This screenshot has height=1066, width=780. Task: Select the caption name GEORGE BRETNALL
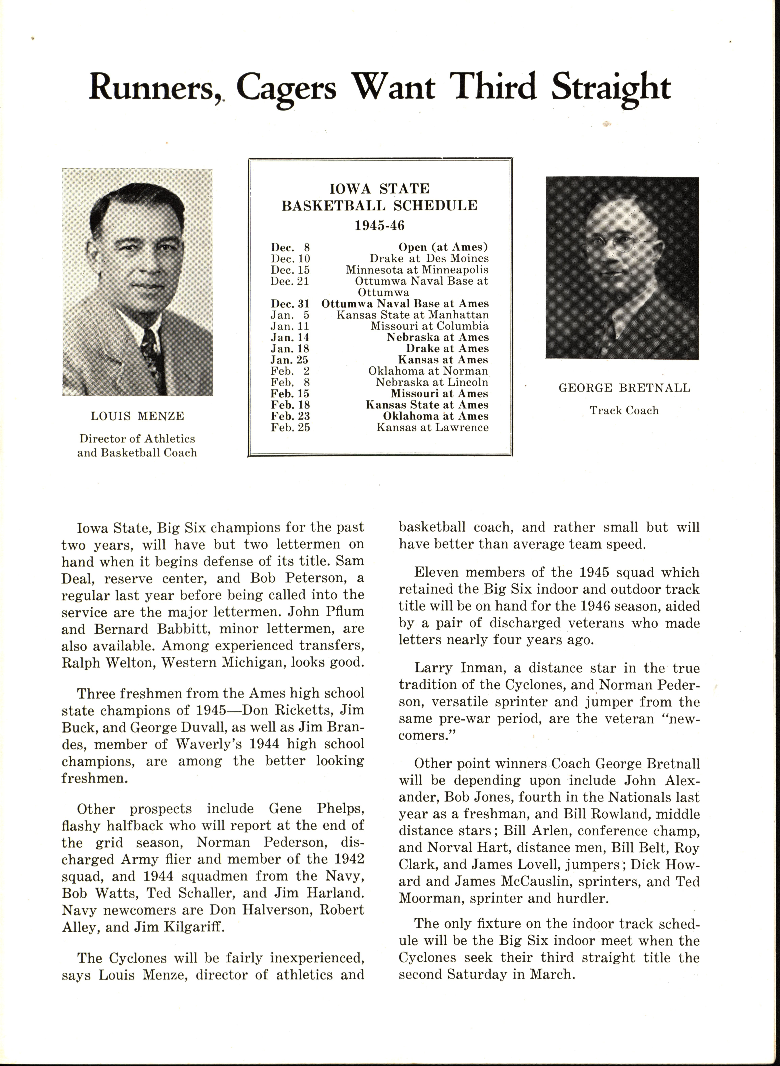coord(624,388)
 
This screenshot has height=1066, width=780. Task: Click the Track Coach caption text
coord(624,410)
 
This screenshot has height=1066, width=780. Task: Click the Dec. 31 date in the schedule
coord(290,303)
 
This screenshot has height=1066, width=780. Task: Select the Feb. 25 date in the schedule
coord(290,427)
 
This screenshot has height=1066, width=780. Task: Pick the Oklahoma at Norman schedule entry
coord(428,371)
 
